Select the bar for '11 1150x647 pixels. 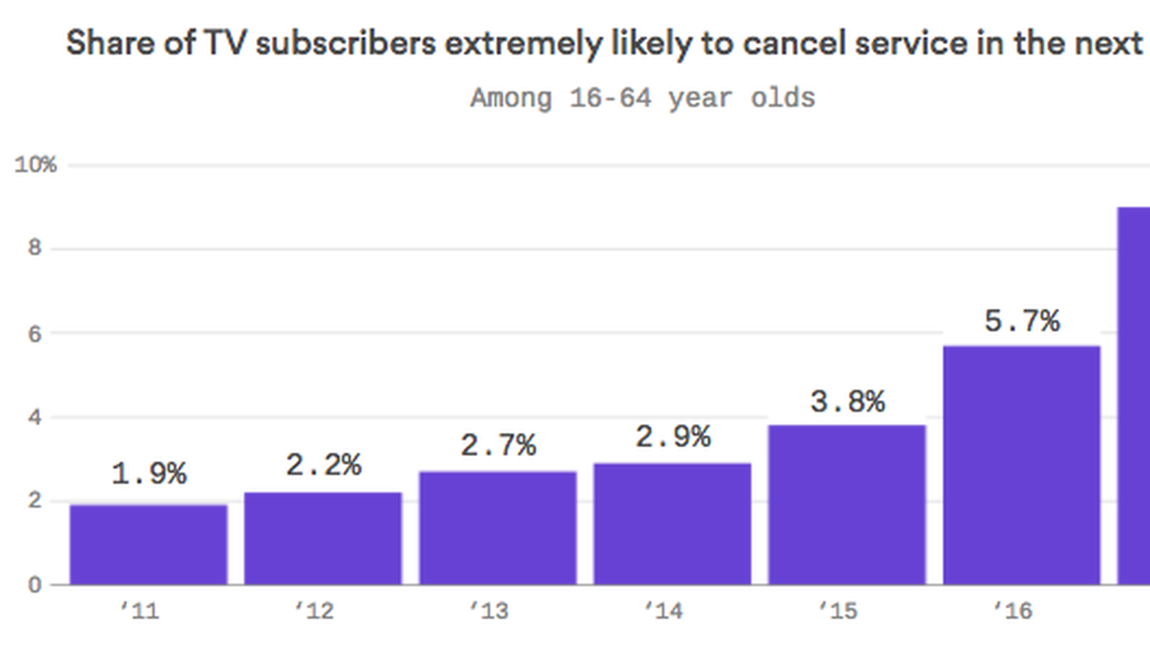(149, 545)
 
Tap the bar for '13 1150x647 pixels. (498, 528)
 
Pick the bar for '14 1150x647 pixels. (672, 524)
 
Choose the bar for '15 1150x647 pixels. (847, 504)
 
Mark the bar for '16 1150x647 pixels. (1022, 465)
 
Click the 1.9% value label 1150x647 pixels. (149, 474)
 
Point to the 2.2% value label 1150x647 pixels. (323, 465)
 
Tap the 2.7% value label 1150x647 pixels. (498, 445)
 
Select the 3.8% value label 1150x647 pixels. (848, 401)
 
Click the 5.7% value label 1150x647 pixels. (1022, 321)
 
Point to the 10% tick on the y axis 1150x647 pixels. (36, 165)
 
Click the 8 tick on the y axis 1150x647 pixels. (35, 247)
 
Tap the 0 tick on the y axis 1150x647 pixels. (35, 585)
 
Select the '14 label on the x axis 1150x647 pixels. (663, 611)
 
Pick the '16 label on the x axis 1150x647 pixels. (1013, 611)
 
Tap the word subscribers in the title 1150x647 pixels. (346, 43)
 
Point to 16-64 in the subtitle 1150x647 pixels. (610, 98)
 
